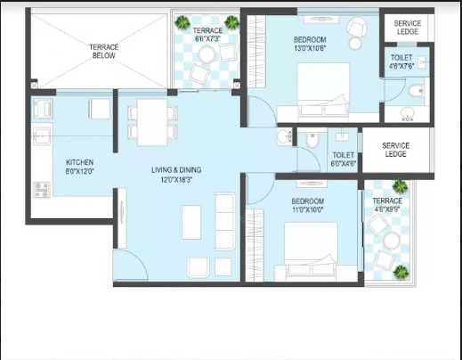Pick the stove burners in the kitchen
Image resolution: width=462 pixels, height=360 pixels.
pos(41,189)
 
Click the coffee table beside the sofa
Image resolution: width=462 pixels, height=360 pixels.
pos(191,221)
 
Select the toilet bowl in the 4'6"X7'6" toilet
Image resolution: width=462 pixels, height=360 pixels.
pos(416,89)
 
